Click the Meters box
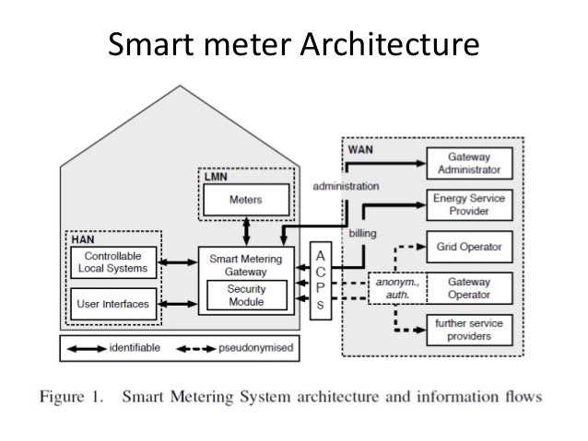click(x=244, y=199)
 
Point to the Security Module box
click(x=247, y=295)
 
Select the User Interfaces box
click(x=112, y=304)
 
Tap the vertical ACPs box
click(x=319, y=282)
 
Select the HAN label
click(x=82, y=237)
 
